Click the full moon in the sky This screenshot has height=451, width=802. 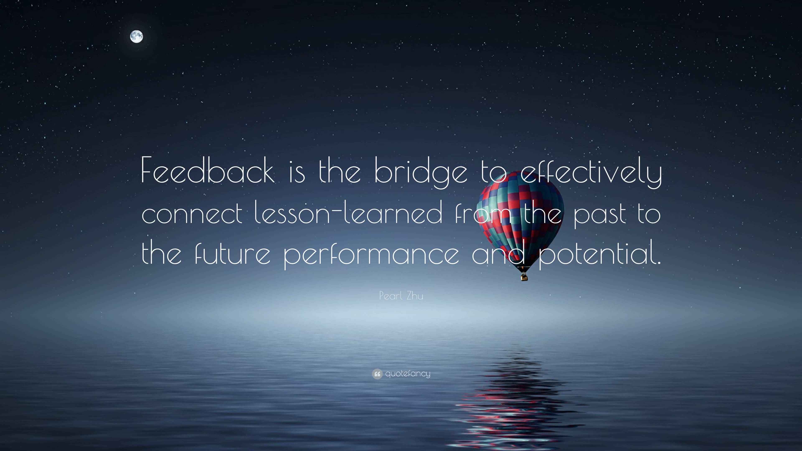(136, 37)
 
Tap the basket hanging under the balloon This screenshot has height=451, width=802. (524, 276)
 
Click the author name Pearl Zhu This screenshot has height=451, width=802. (401, 295)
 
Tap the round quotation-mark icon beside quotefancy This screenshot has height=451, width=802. (377, 374)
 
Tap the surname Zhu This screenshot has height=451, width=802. (415, 295)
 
